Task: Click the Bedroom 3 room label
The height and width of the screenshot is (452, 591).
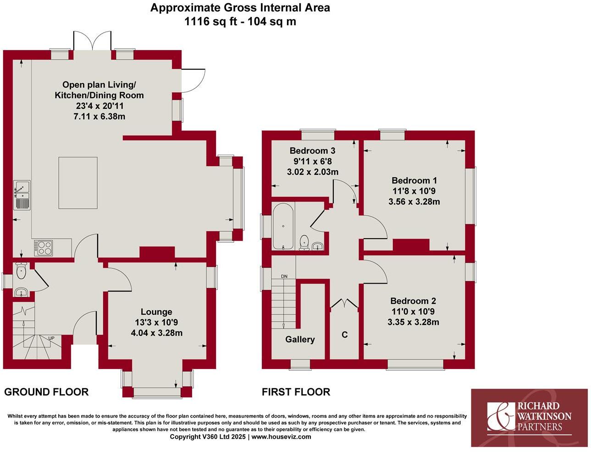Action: coord(312,151)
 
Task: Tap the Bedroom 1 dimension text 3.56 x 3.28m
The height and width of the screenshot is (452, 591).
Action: coord(414,201)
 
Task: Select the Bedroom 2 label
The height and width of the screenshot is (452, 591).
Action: coord(413,301)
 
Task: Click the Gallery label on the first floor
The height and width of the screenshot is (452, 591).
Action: coord(300,339)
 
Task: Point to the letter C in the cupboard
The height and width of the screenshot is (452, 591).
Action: coord(344,335)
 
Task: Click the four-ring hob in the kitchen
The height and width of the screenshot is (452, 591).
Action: coord(44,248)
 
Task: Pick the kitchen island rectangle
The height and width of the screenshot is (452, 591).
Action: coord(78,183)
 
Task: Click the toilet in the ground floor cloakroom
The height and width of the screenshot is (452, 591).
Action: coord(21,271)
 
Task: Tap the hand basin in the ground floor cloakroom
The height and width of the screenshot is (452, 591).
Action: coord(21,292)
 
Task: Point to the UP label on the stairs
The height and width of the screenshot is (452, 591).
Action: coord(51,339)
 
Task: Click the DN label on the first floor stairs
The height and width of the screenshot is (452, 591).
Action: coord(284,277)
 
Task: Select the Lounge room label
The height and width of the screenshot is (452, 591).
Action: coord(156,312)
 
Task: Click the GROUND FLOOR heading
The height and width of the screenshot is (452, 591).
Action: coord(46,392)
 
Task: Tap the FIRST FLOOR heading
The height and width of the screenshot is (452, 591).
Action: coord(296,392)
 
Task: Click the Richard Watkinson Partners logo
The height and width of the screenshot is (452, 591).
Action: coord(529,418)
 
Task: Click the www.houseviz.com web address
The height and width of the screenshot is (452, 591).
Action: coord(281,436)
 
